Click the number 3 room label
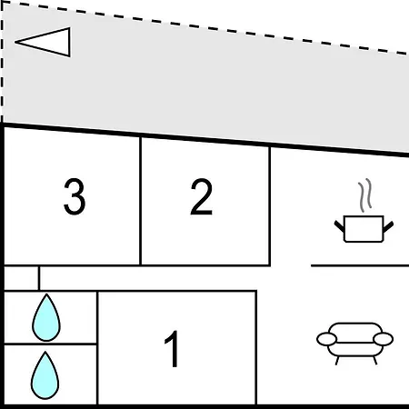click(75, 196)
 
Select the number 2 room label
click(202, 196)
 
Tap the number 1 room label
click(172, 348)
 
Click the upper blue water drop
click(46, 317)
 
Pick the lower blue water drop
click(45, 375)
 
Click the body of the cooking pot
click(364, 229)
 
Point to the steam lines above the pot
click(365, 195)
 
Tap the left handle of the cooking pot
click(339, 226)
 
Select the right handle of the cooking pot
click(388, 226)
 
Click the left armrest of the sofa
click(326, 339)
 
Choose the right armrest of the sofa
click(384, 339)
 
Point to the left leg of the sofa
click(337, 361)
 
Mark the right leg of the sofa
click(375, 361)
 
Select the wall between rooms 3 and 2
click(141, 201)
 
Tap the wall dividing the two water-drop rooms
click(50, 344)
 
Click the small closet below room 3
click(21, 278)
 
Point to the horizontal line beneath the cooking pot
click(360, 265)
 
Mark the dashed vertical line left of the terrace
click(2, 61)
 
